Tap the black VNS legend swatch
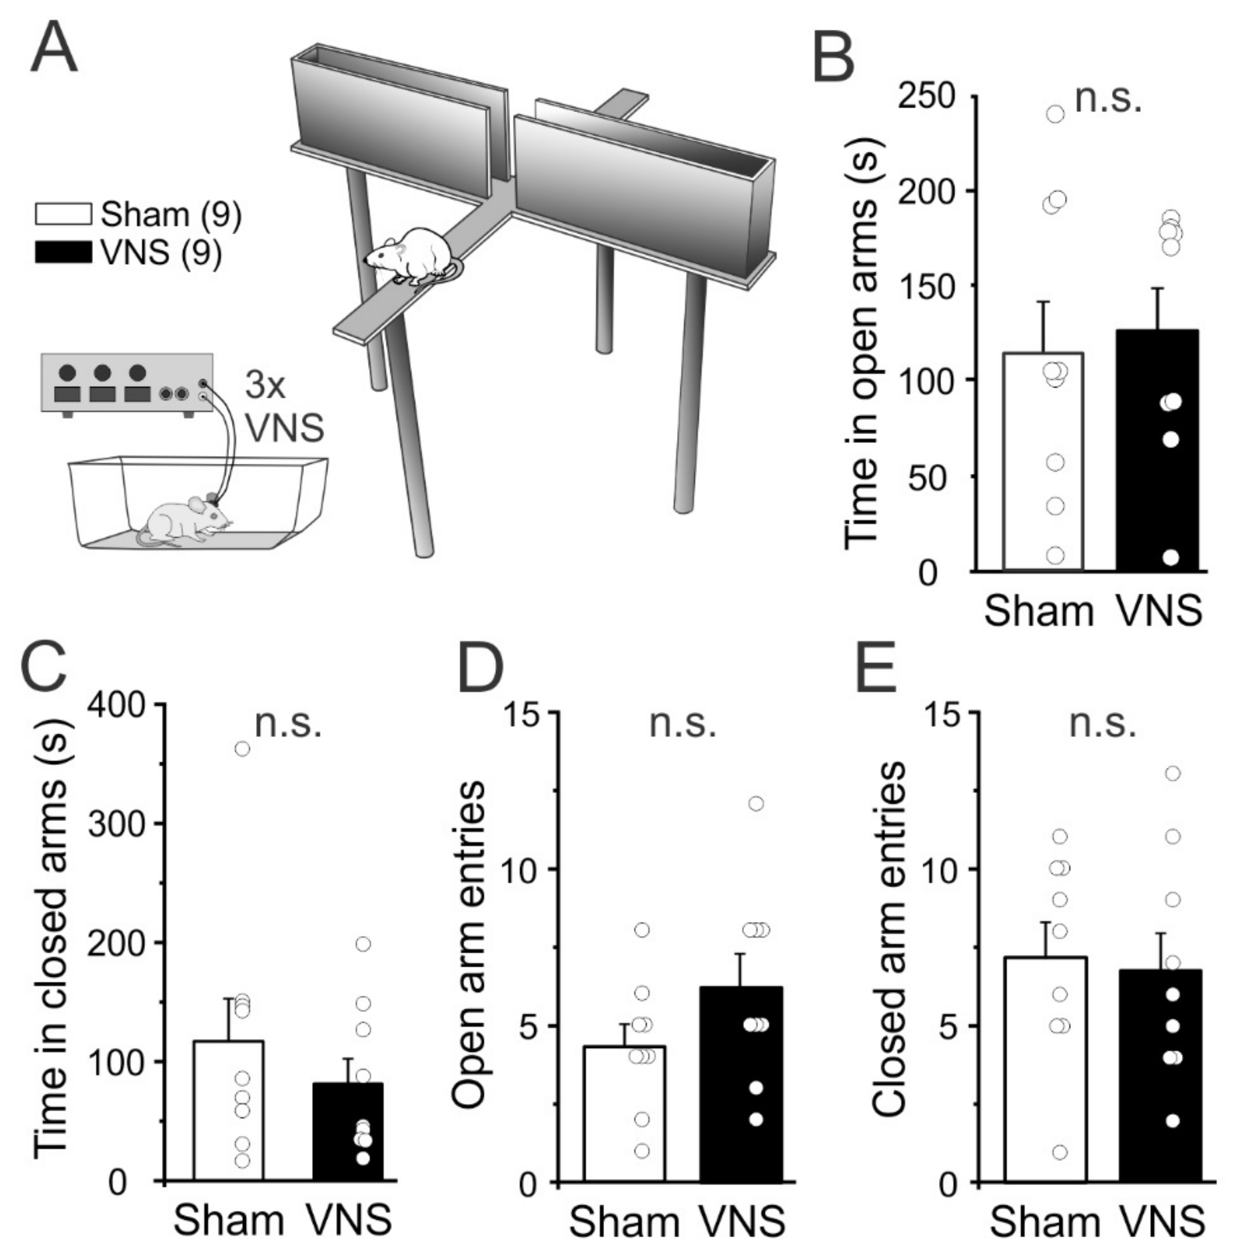(63, 253)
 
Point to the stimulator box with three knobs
(127, 382)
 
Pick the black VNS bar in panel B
(1158, 454)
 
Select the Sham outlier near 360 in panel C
(242, 749)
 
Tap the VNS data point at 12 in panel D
(756, 804)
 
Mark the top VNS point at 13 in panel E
(1173, 773)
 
